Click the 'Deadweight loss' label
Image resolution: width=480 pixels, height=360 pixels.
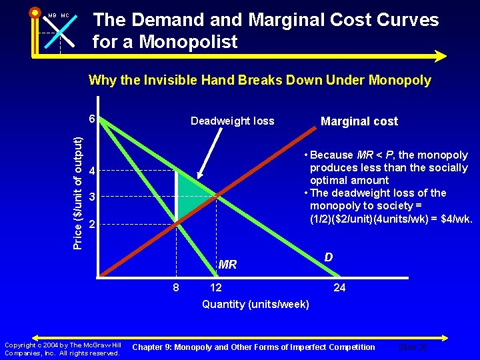(232, 121)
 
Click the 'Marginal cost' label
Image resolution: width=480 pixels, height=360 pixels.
(359, 121)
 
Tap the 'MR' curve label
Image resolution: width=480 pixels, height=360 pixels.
(227, 265)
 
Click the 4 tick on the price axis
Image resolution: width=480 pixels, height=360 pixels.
(93, 171)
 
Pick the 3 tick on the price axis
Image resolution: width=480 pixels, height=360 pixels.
(93, 197)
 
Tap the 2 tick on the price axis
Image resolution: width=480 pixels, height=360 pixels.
(93, 224)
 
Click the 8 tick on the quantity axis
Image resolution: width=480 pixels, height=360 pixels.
(176, 287)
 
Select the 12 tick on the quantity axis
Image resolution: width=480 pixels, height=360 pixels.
(216, 287)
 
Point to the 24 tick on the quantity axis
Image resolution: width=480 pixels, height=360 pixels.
(339, 287)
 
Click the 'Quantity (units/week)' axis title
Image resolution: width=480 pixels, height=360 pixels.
(255, 305)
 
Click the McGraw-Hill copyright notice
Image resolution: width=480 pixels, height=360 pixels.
(62, 349)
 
